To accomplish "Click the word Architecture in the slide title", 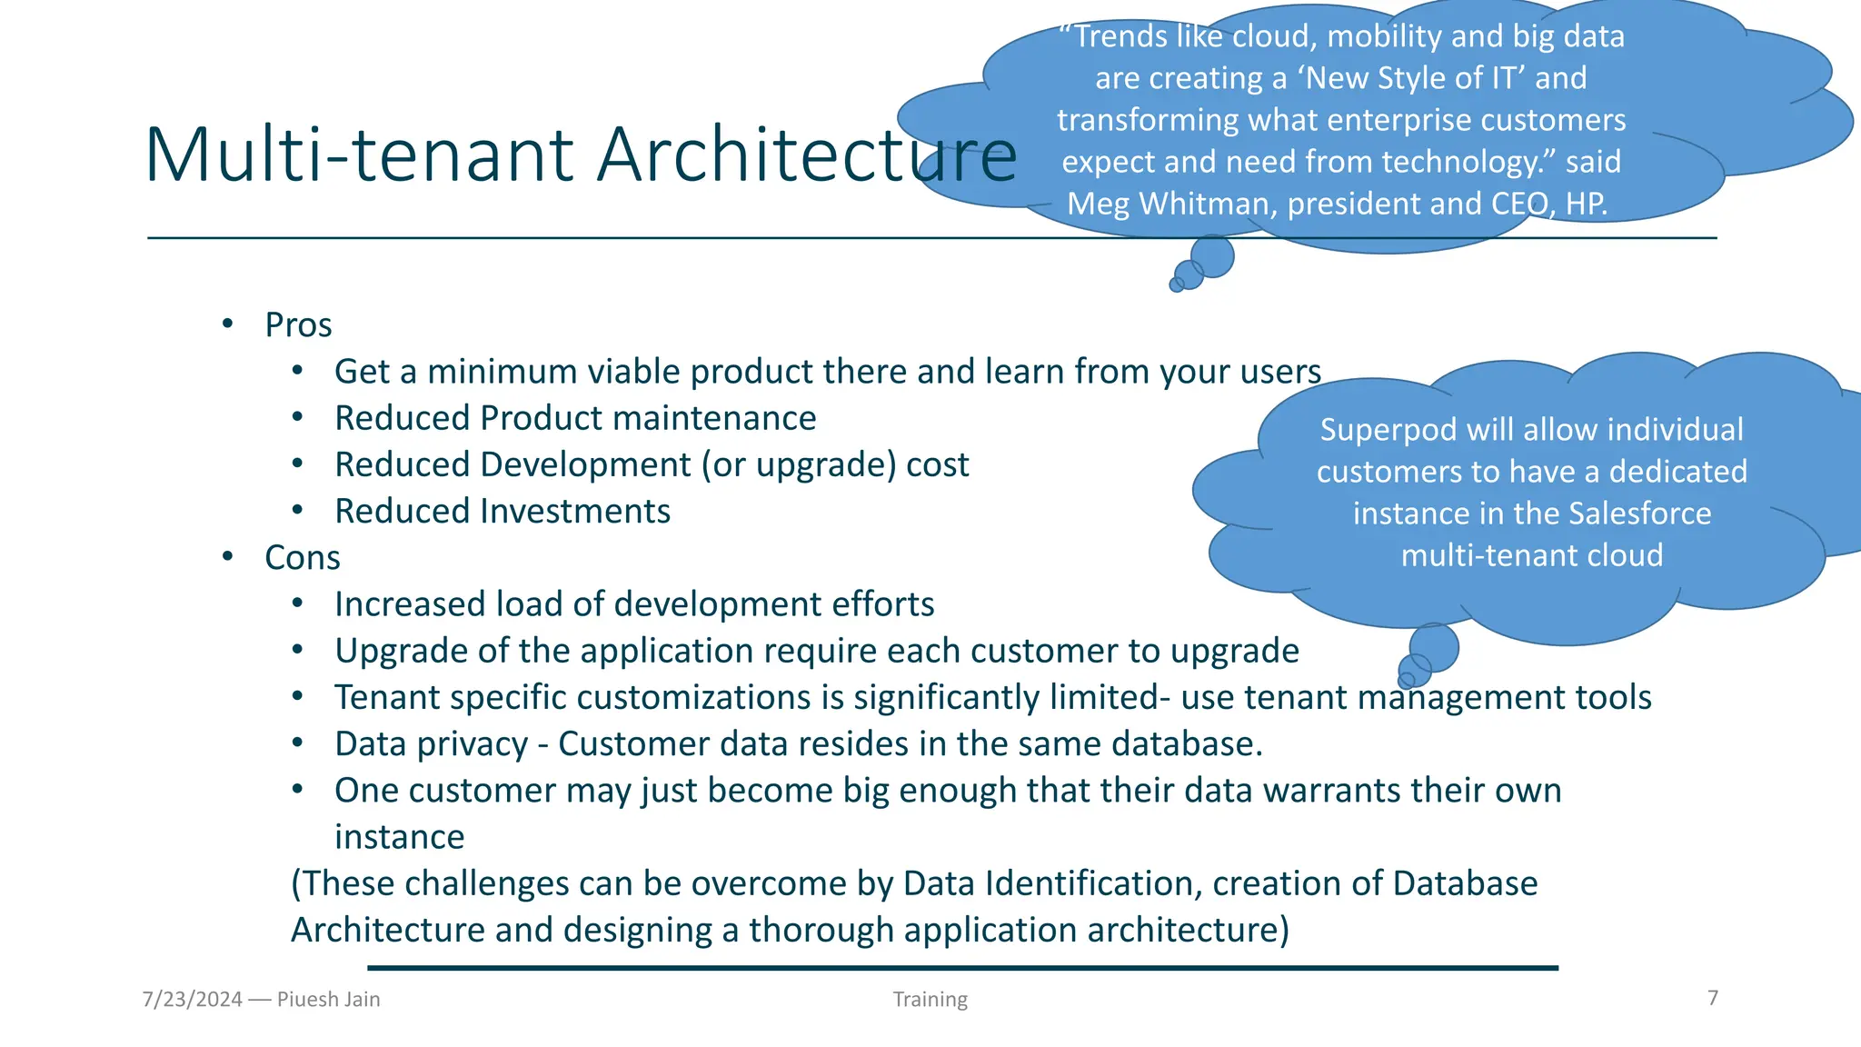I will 806,155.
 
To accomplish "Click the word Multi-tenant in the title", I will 360,155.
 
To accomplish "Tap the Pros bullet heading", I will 298,325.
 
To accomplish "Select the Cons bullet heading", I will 302,558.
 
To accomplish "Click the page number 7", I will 1713,998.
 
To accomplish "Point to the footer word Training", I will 930,1000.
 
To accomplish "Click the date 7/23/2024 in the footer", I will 193,1000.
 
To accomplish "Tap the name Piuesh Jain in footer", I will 328,1000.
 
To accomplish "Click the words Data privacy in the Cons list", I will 431,744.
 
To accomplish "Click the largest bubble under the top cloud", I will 1212,255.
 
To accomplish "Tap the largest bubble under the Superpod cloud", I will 1434,647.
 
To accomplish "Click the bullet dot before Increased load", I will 297,603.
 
